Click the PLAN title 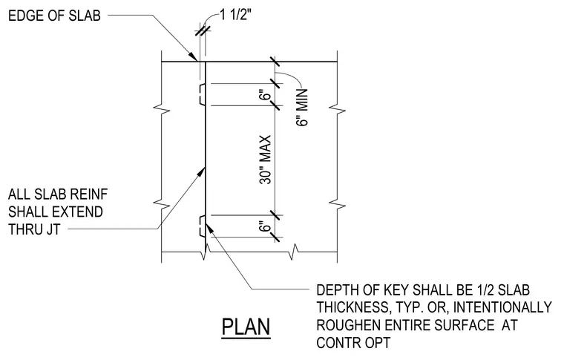(x=246, y=327)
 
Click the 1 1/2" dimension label (x=235, y=15)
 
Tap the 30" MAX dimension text (x=266, y=160)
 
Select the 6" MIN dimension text (x=303, y=107)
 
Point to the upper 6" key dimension (x=266, y=96)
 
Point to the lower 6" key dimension (x=266, y=226)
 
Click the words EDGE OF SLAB (x=54, y=16)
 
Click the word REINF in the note (x=88, y=194)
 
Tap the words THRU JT (x=34, y=229)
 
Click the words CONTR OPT (x=353, y=342)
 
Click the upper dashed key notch (x=203, y=94)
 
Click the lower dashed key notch (x=203, y=226)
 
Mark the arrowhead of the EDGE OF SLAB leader (x=194, y=57)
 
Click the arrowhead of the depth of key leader (x=209, y=227)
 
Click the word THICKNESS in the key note (x=353, y=307)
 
